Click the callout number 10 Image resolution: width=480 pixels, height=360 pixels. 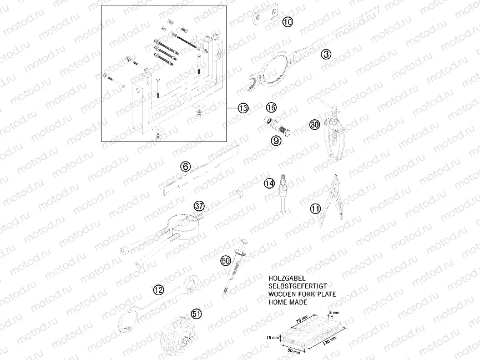pos(287,22)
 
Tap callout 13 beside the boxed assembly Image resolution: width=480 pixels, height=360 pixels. pos(242,109)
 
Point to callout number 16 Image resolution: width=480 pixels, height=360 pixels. pos(271,107)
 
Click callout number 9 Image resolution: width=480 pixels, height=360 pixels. pos(276,141)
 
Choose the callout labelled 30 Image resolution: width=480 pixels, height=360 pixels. pos(315,125)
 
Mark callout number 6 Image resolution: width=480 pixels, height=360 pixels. pos(185,166)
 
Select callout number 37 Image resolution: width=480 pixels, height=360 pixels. pos(200,206)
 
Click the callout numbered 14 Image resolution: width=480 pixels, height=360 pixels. pos(269,182)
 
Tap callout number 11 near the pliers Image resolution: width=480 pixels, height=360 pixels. pos(315,209)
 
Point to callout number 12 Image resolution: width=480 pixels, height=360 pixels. pos(159,288)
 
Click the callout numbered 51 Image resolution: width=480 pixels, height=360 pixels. pos(196,314)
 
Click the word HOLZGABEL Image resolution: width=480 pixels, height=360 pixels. pos(288,273)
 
